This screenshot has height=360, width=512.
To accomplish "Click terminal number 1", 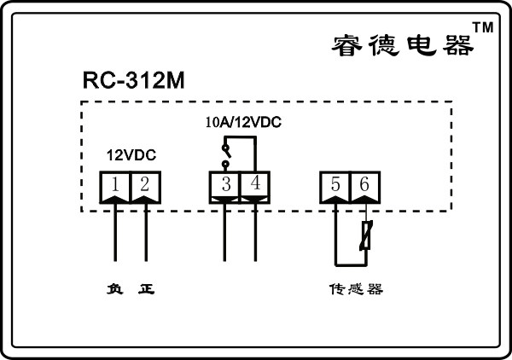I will point(114,183).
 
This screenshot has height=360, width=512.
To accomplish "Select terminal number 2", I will point(144,183).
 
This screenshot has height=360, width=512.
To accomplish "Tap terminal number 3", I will point(225,183).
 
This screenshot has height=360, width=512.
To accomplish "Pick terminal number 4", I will point(255,183).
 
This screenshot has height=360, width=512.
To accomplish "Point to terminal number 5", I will point(335,183).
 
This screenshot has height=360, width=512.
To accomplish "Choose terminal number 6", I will point(365,183).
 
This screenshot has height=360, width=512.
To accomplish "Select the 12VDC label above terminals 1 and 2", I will point(131,157).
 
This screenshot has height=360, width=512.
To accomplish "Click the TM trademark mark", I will point(483,28).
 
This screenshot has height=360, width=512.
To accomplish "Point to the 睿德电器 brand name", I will point(401,45).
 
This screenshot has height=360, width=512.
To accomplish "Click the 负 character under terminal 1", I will point(114,289).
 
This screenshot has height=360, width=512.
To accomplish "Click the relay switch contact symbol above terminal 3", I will point(225,154).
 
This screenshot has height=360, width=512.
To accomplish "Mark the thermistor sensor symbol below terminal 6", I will point(365,235).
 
